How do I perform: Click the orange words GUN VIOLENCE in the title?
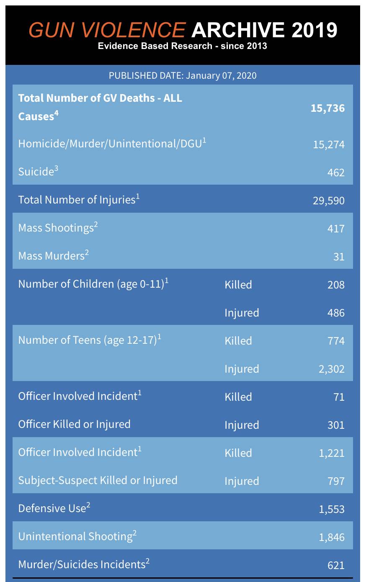107,30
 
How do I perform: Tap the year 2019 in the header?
314,30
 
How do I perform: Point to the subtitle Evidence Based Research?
155,46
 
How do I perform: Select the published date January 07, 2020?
221,76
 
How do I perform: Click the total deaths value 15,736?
327,108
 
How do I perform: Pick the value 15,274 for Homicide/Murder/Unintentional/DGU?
329,144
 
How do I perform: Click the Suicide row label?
38,171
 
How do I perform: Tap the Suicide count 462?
336,173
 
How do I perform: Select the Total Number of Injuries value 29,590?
329,201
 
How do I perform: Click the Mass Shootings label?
58,227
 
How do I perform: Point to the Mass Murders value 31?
339,257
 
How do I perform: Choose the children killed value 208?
336,285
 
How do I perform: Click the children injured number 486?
336,313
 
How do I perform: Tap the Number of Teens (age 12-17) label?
90,340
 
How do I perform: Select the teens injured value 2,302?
331,369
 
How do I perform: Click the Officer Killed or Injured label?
75,424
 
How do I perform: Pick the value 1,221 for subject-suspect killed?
331,453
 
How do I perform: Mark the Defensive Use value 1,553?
331,509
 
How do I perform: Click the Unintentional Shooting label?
77,536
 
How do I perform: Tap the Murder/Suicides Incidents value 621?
336,565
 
